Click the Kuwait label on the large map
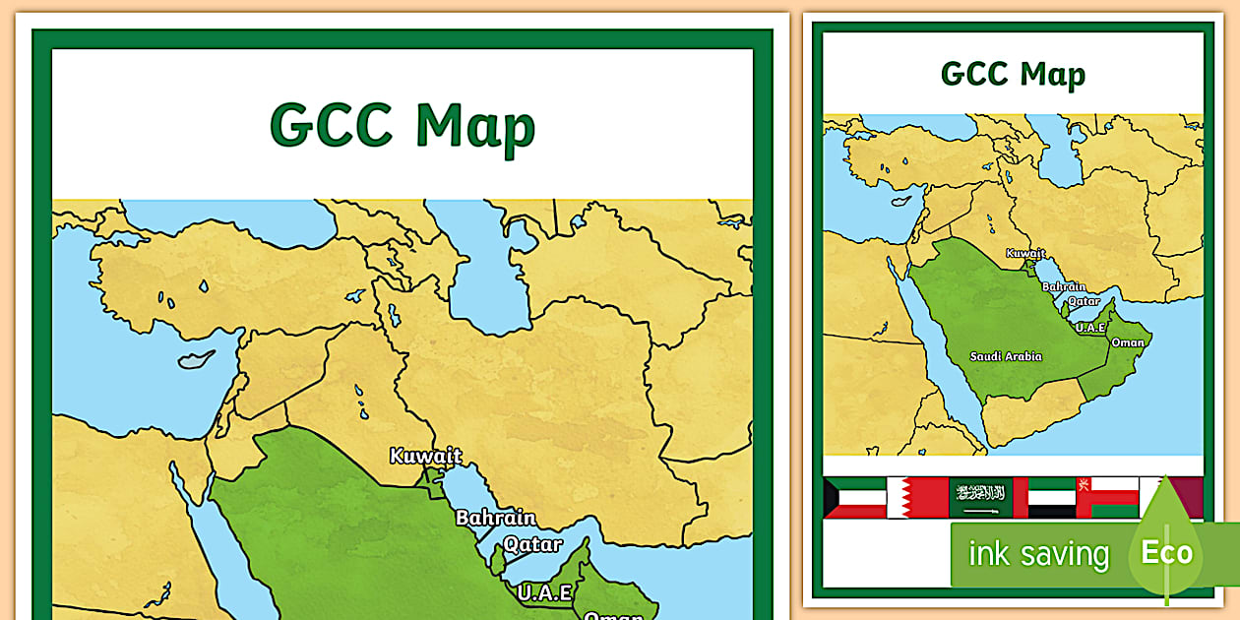click(x=425, y=456)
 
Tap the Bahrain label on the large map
click(x=495, y=518)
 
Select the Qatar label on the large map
click(x=532, y=544)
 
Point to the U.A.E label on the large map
click(x=544, y=592)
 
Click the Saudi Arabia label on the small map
click(x=1005, y=356)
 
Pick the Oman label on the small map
click(x=1127, y=342)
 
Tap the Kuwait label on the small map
click(x=1024, y=253)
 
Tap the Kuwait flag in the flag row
click(x=854, y=497)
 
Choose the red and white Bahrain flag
click(x=916, y=497)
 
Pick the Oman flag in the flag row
click(x=1106, y=497)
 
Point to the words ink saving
click(x=1037, y=554)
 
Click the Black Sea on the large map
click(x=226, y=221)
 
